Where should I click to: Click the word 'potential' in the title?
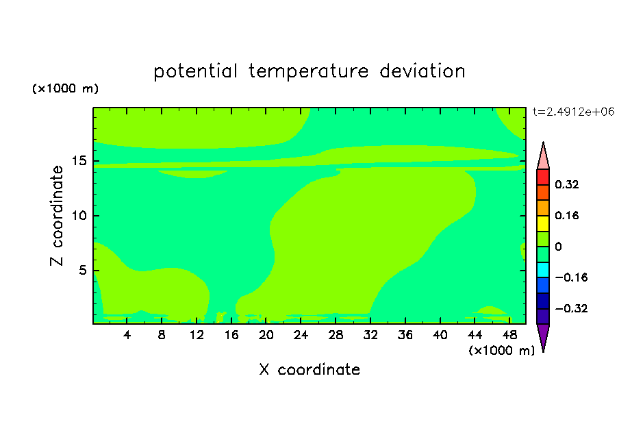click(x=195, y=72)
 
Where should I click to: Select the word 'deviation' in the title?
click(x=422, y=71)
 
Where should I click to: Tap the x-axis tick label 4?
click(x=127, y=335)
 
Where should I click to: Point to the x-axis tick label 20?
click(x=266, y=335)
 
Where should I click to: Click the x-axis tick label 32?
click(x=370, y=335)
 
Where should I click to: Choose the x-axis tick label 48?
click(x=509, y=335)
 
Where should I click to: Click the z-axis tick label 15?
click(x=79, y=161)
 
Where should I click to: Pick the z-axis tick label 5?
click(x=82, y=270)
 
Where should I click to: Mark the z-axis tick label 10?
click(x=79, y=216)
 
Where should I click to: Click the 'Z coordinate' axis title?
click(x=56, y=216)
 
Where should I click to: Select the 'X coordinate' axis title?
click(x=309, y=369)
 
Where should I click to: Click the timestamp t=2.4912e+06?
click(x=573, y=112)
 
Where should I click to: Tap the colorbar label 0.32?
click(x=567, y=184)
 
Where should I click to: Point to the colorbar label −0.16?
click(x=571, y=277)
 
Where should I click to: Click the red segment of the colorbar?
click(x=543, y=177)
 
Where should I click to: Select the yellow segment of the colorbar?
click(x=543, y=223)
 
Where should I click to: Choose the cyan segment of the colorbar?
click(x=543, y=270)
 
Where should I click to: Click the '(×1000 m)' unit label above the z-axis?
click(x=65, y=88)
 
